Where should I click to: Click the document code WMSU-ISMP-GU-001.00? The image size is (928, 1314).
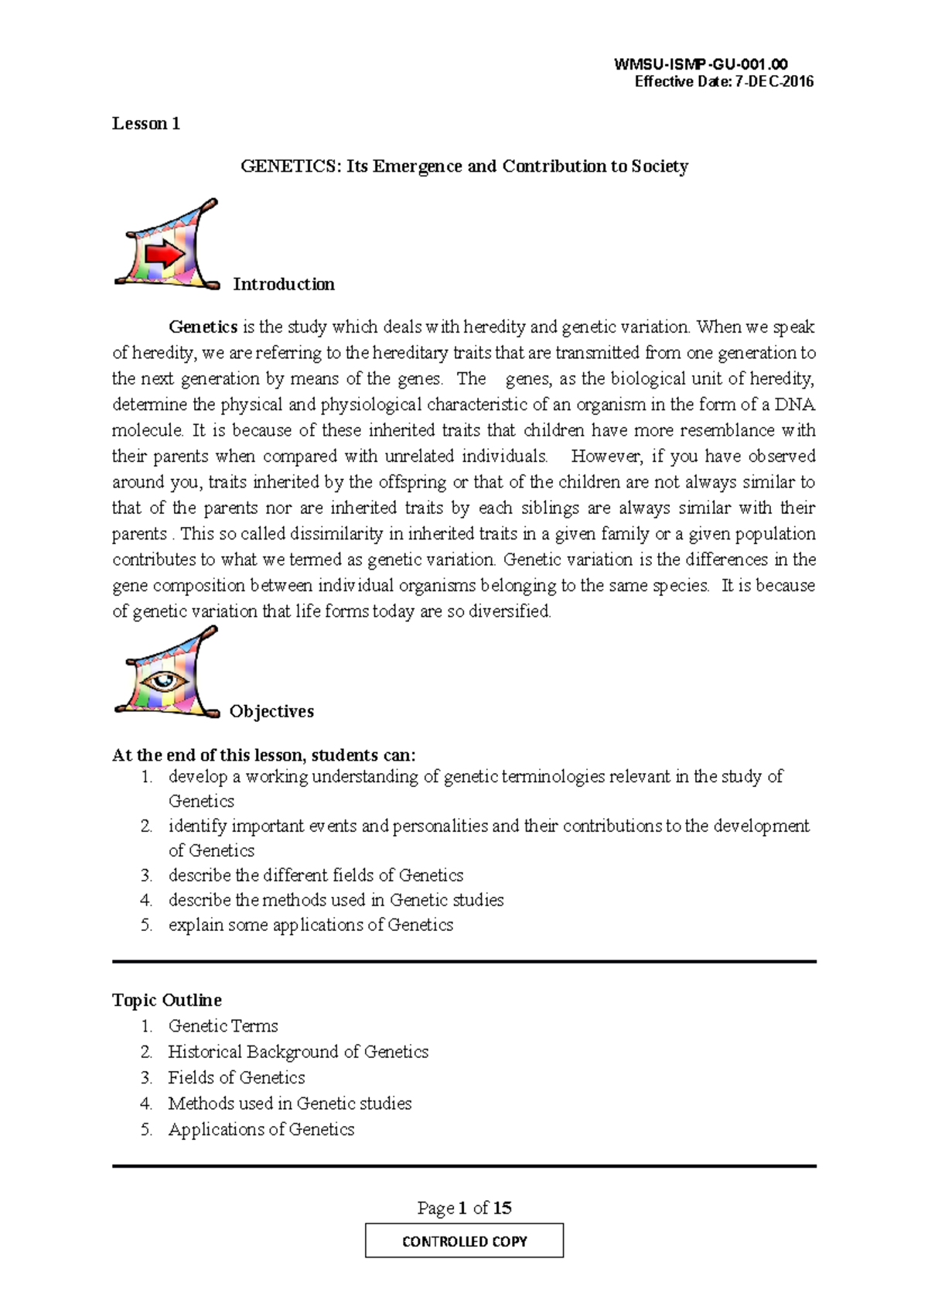[700, 65]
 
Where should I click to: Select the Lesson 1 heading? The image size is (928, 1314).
[146, 124]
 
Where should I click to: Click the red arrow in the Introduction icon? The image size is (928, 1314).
[165, 254]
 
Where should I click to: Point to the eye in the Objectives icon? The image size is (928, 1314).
[165, 681]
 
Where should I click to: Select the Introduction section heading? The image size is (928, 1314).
[284, 284]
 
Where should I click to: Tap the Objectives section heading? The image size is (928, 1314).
[271, 711]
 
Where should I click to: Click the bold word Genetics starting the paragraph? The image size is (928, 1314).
[203, 327]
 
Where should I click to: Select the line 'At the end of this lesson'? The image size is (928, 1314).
[264, 755]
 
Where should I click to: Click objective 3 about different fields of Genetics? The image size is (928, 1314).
[316, 875]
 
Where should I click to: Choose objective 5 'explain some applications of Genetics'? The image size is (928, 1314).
[310, 925]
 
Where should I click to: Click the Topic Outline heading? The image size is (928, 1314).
[167, 1000]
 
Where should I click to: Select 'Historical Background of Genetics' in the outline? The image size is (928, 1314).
[298, 1052]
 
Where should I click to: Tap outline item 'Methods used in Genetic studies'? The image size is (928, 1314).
[289, 1104]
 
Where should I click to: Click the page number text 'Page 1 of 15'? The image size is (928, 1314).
[464, 1208]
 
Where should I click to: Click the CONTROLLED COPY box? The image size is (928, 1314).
[464, 1241]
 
